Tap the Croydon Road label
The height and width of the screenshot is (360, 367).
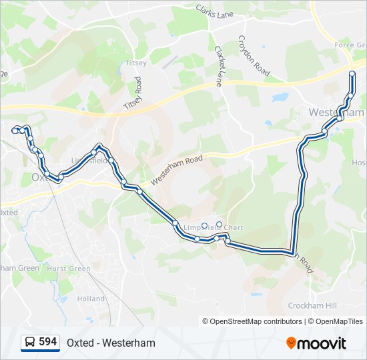254,55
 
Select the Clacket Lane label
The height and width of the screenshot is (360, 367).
218,65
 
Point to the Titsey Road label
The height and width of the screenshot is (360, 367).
133,93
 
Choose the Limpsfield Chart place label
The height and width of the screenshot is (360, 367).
213,228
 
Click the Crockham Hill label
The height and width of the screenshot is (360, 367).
312,305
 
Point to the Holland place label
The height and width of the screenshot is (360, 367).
91,299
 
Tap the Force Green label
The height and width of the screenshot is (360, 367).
349,45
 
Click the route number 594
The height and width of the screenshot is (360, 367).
47,342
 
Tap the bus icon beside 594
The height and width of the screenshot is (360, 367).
30,343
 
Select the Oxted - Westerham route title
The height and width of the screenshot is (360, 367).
111,343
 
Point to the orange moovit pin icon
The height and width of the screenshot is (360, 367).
291,343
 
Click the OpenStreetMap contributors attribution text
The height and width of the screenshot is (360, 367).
256,321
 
